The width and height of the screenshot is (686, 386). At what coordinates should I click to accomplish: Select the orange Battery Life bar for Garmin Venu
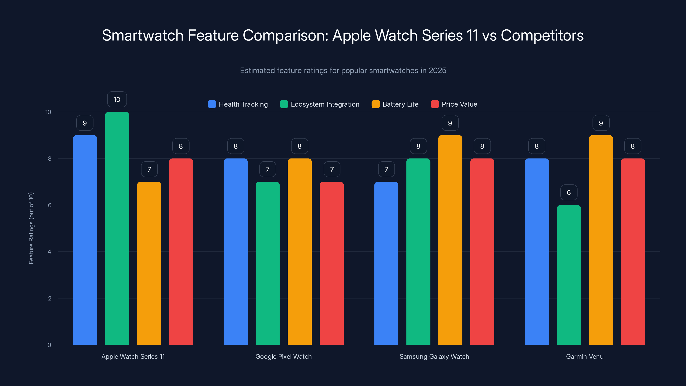pos(601,240)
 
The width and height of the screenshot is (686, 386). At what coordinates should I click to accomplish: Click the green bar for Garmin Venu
pos(569,275)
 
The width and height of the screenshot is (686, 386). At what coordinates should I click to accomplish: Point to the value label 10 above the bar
pos(117,99)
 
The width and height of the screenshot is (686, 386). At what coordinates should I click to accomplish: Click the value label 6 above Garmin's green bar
pos(569,192)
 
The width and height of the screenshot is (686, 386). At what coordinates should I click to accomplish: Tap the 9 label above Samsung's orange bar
pos(450,123)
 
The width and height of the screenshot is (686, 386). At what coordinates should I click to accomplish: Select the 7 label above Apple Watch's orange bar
pos(149,169)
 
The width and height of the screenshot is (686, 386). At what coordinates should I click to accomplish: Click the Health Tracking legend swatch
pos(212,104)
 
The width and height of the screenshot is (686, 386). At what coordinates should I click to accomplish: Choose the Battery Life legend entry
pos(400,104)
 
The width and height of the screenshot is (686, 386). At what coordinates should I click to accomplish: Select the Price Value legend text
pos(459,104)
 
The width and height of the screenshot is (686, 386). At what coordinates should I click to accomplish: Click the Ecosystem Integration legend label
pos(325,104)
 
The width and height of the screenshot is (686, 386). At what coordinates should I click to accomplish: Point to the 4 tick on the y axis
pos(49,252)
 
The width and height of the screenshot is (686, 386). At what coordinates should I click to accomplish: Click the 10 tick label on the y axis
pos(48,112)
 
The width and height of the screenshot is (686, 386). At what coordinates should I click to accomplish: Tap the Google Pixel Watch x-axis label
pos(283,356)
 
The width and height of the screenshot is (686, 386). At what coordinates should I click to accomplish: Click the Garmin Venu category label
pos(585,356)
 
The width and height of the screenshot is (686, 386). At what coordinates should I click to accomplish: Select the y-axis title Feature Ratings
pos(31,228)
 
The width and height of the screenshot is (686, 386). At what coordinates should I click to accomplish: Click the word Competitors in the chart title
pos(542,35)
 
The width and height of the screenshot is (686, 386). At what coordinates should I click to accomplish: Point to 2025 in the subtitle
pos(437,70)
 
